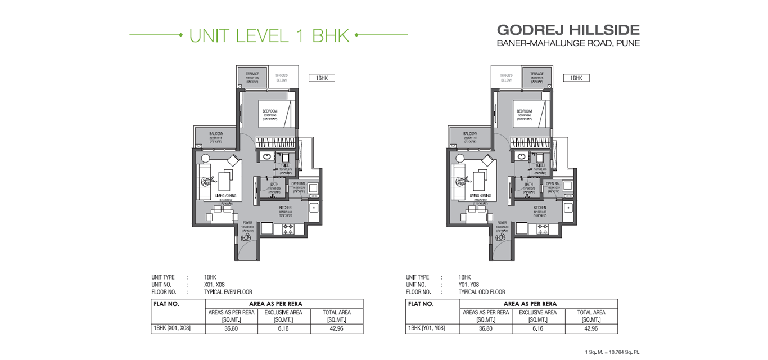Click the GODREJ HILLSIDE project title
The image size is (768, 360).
coord(568,29)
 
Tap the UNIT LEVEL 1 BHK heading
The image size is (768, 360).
coord(269,35)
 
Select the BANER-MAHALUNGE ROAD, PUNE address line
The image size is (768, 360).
coord(568,43)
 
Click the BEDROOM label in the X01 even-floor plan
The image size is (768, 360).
coord(270,111)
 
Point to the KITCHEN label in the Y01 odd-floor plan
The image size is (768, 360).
coord(540,208)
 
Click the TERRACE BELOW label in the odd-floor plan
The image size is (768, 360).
coord(507,78)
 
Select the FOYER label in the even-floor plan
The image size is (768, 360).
coord(247,223)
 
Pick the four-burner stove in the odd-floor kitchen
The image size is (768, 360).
coord(543,229)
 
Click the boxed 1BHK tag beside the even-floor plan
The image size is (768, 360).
coord(322,78)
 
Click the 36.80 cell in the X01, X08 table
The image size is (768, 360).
coord(231,328)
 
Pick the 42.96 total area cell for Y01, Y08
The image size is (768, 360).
coord(591,328)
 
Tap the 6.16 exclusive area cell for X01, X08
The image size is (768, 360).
coord(283,328)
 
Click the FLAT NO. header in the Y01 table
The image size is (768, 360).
coord(421,304)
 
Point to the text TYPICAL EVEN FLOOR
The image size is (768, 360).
coord(228,292)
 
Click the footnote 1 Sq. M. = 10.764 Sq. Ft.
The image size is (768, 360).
coord(612,352)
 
